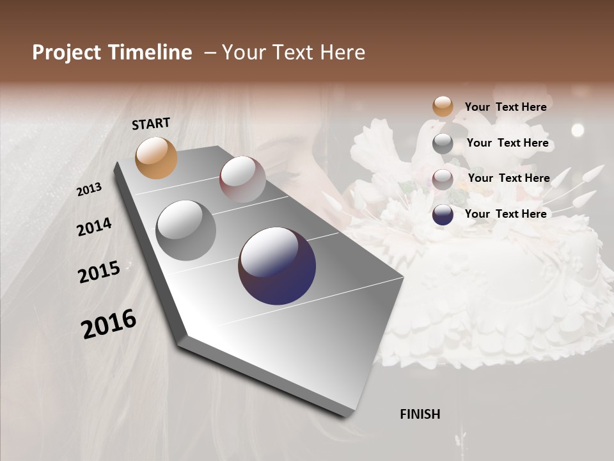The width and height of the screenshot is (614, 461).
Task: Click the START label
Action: [151, 124]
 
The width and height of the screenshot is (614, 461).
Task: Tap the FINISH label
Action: [420, 414]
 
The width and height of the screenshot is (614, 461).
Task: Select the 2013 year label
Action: [89, 190]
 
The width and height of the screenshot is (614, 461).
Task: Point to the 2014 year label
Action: [94, 227]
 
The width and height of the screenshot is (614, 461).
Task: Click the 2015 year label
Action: [99, 272]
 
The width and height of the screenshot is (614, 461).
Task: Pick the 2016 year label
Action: [109, 323]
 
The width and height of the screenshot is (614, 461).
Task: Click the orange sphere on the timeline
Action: [156, 158]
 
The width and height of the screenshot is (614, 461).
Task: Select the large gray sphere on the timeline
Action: [186, 230]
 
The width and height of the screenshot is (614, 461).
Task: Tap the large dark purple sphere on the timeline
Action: [277, 266]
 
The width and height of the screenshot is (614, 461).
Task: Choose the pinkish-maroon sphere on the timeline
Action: [242, 179]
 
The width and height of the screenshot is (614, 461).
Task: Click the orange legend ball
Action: [443, 106]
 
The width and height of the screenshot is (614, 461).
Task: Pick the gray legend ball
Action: [443, 143]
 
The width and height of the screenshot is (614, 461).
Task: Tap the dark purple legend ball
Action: [443, 214]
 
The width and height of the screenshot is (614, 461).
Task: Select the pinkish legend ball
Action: [443, 179]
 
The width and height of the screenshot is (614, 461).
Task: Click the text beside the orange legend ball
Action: [505, 108]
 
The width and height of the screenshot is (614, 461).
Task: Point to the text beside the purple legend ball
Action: [505, 214]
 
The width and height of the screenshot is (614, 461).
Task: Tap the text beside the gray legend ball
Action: [507, 143]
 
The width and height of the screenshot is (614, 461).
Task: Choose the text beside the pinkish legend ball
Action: [508, 178]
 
